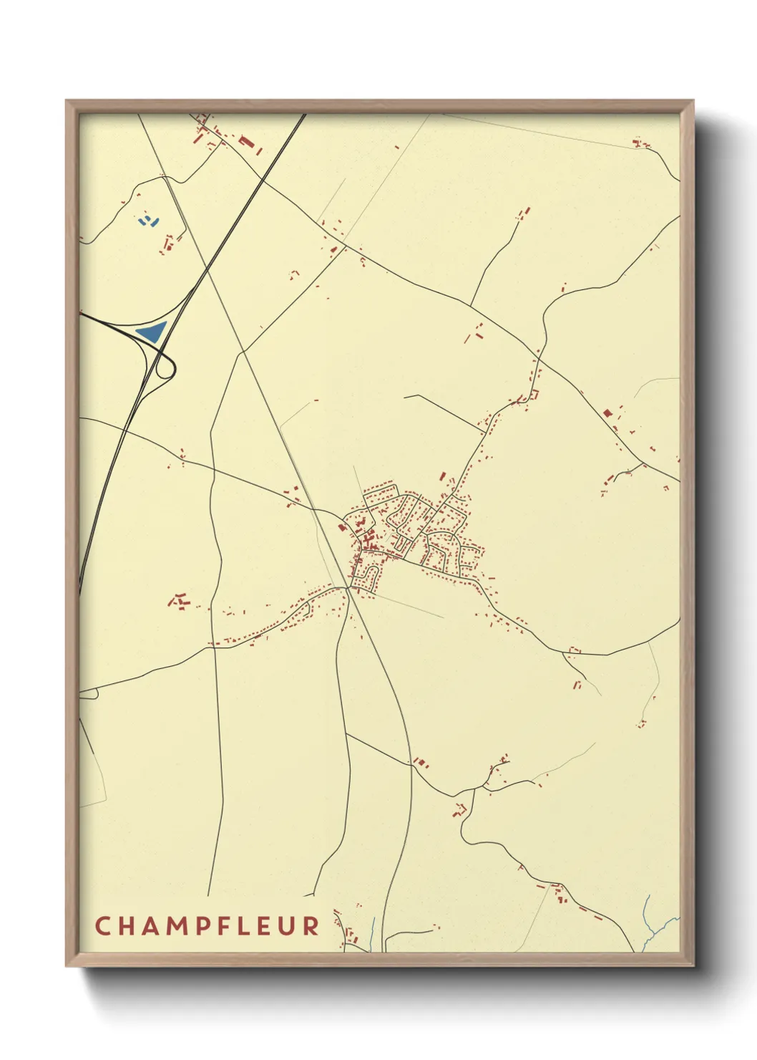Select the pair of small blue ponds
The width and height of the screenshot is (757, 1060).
coord(147,220)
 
